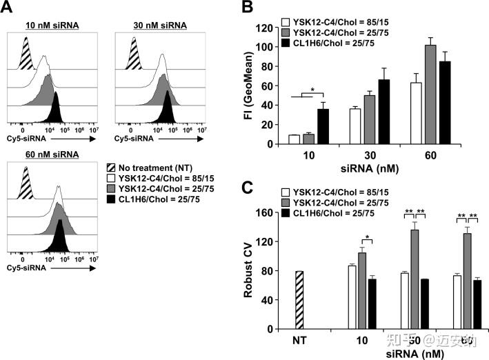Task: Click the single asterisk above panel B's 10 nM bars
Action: pyautogui.click(x=312, y=90)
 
